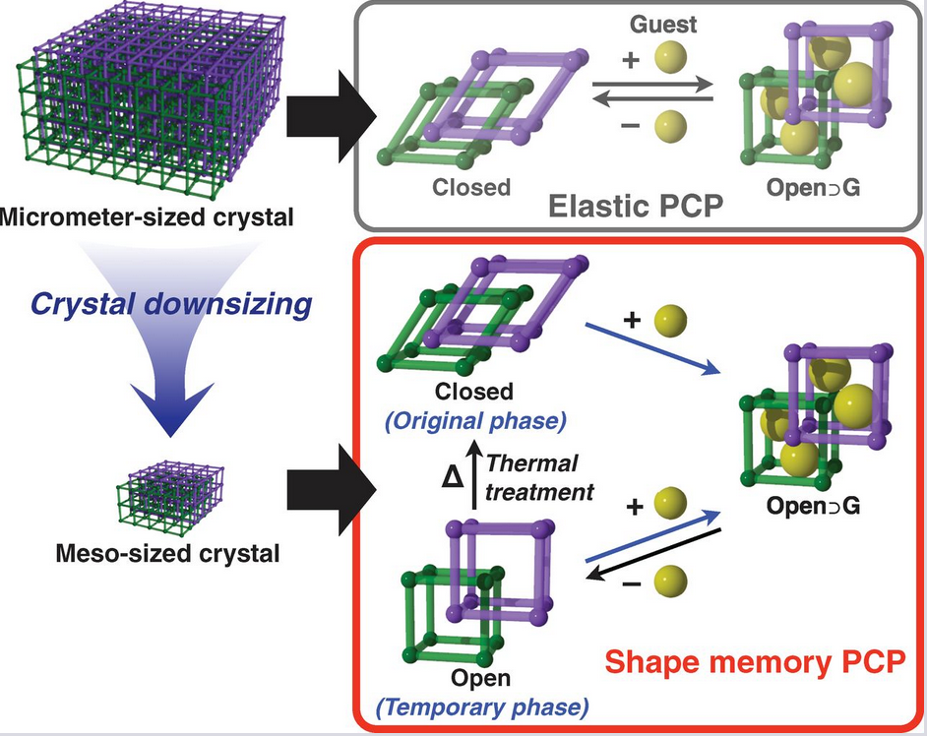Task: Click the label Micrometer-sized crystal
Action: coord(148,215)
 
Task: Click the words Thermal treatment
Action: coord(539,476)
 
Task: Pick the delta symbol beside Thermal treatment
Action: coord(452,477)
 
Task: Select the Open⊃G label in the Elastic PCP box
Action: coord(816,186)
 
